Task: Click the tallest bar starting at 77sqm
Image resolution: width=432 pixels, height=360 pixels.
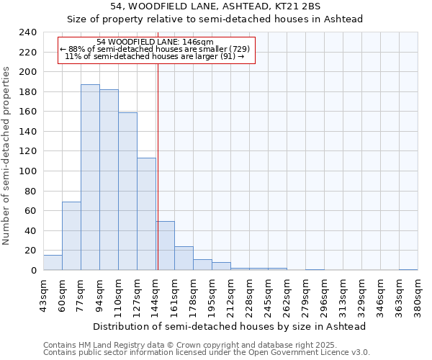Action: click(90, 177)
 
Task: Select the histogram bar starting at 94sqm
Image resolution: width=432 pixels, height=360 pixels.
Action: click(109, 180)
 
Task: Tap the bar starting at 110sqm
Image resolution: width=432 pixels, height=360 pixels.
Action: click(127, 191)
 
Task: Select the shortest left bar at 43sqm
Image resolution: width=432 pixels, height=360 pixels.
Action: click(53, 263)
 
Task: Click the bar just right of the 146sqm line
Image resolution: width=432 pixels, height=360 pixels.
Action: click(166, 246)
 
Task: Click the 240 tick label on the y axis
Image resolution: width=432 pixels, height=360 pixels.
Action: click(28, 32)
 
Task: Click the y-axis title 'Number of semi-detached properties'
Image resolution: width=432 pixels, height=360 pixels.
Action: click(6, 156)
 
